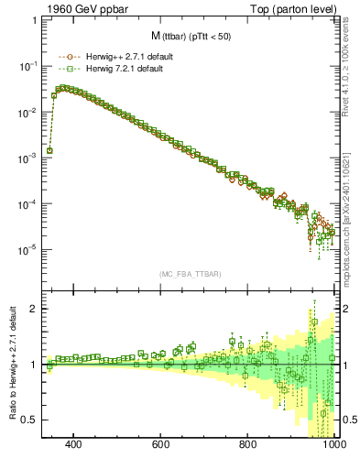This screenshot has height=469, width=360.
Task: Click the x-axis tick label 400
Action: click(x=74, y=445)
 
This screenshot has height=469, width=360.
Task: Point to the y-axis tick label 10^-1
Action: click(x=30, y=67)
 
